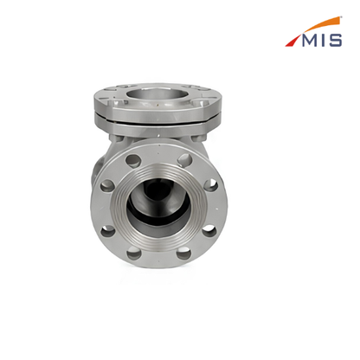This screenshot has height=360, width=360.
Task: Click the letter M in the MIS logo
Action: click(310, 41)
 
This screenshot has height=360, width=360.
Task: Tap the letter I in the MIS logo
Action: click(323, 41)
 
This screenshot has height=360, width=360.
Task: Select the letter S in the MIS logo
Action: click(335, 41)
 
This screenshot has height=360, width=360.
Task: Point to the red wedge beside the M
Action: click(292, 41)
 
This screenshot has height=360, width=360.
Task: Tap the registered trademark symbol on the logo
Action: click(341, 17)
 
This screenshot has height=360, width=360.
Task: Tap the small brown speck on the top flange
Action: click(157, 106)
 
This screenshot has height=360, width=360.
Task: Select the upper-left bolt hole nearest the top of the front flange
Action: click(133, 160)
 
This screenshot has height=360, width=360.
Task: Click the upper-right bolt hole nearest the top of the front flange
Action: click(185, 159)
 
